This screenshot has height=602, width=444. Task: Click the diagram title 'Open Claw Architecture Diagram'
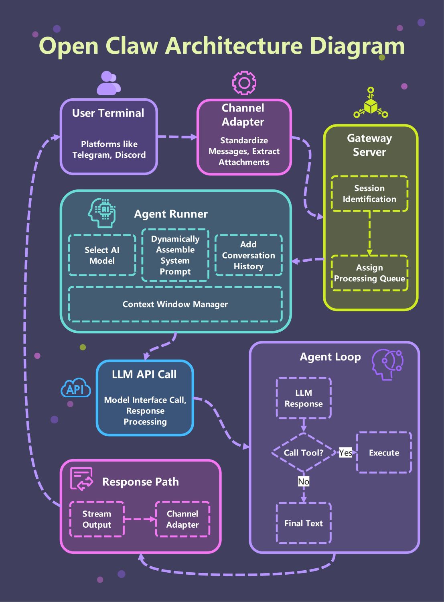tap(222, 46)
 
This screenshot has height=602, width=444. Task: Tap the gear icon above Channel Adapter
tap(244, 83)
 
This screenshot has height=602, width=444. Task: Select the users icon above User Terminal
tap(108, 83)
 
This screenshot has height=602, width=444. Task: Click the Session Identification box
tap(369, 193)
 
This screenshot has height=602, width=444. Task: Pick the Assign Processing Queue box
tap(369, 273)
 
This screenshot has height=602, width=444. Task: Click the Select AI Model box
tap(102, 255)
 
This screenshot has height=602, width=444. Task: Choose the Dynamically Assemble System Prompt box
tap(175, 255)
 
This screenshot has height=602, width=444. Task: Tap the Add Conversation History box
tap(248, 255)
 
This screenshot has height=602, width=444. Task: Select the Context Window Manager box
tap(175, 304)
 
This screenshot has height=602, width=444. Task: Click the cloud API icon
tap(75, 388)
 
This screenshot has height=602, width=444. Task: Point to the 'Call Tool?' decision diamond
tap(304, 453)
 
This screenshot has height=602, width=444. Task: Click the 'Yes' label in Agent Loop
tap(345, 453)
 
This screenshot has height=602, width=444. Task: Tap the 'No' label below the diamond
tap(304, 481)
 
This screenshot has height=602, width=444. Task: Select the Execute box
tap(384, 453)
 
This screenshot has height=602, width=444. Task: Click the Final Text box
tap(304, 523)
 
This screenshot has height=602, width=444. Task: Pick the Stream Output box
tap(97, 519)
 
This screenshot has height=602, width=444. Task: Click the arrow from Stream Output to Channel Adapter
tap(140, 519)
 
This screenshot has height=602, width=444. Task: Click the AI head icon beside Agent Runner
tap(102, 213)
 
